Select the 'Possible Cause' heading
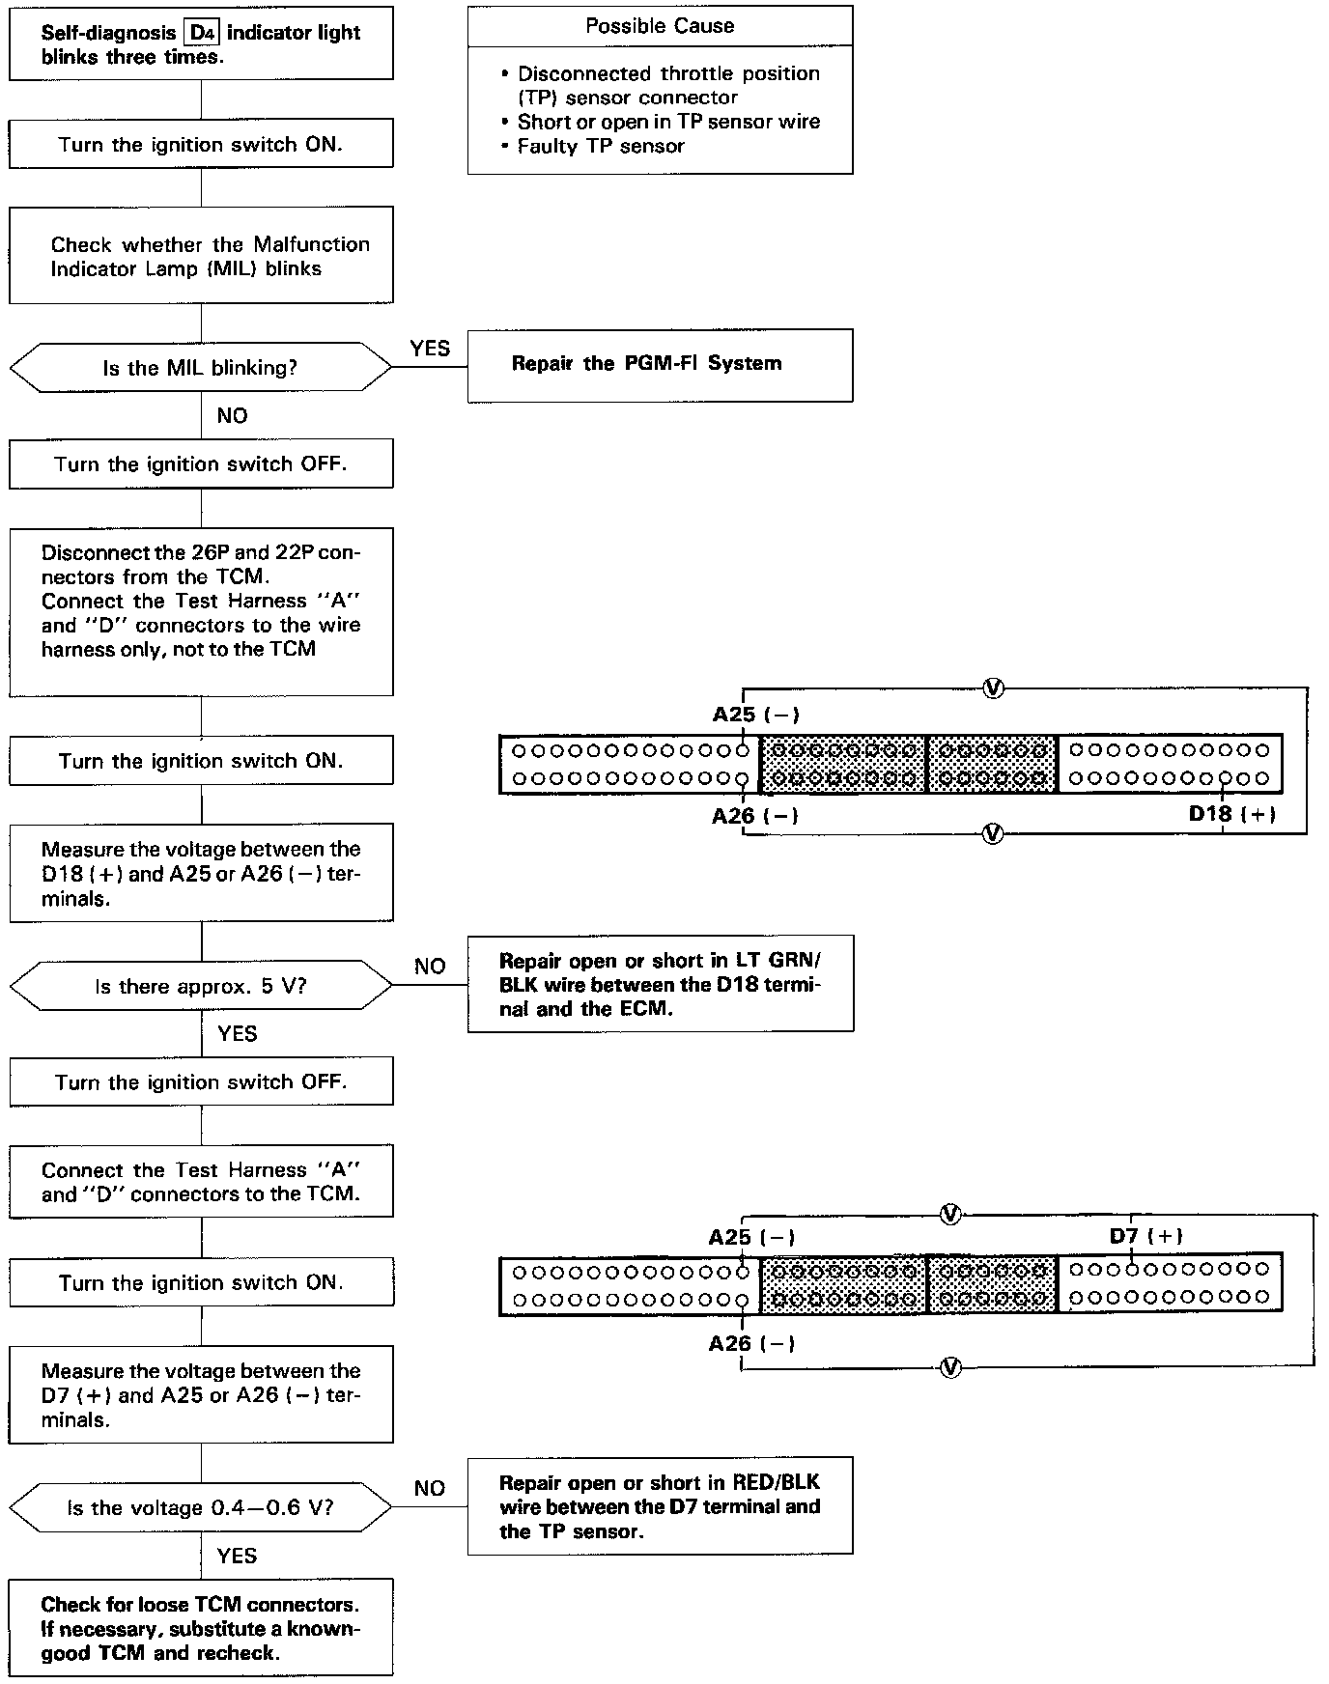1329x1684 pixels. pyautogui.click(x=660, y=26)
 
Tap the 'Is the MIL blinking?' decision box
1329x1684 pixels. pyautogui.click(x=201, y=368)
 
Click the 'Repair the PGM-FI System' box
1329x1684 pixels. pyautogui.click(x=660, y=365)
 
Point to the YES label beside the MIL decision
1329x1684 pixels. pyautogui.click(x=430, y=349)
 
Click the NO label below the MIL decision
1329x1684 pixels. pyautogui.click(x=232, y=416)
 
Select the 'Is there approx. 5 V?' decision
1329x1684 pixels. pyautogui.click(x=201, y=987)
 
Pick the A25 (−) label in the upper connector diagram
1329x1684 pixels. pyautogui.click(x=755, y=715)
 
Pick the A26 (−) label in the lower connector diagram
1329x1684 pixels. pyautogui.click(x=751, y=1343)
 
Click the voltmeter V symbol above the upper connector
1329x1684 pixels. pyautogui.click(x=993, y=688)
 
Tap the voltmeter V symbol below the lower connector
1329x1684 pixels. pyautogui.click(x=950, y=1367)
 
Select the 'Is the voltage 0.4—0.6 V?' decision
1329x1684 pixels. pyautogui.click(x=201, y=1508)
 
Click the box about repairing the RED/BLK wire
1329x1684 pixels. pyautogui.click(x=660, y=1506)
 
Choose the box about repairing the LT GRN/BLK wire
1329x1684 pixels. pyautogui.click(x=660, y=984)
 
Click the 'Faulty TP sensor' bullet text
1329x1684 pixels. pyautogui.click(x=601, y=147)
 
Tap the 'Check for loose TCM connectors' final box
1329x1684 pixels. pyautogui.click(x=201, y=1628)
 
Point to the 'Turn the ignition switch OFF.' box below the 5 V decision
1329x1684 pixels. pyautogui.click(x=201, y=1082)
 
